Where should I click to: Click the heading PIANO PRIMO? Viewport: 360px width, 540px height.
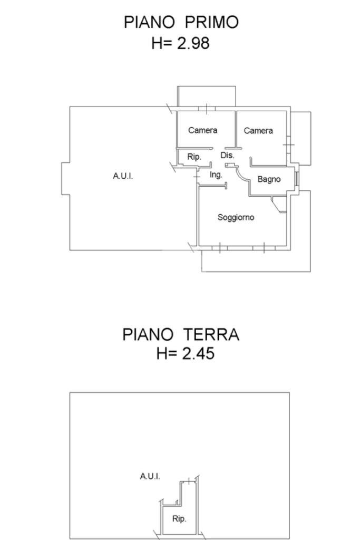click(181, 22)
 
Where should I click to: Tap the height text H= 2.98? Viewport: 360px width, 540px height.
click(180, 43)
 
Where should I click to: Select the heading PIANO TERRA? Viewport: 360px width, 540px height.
click(181, 334)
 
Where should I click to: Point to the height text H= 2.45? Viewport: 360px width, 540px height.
click(185, 353)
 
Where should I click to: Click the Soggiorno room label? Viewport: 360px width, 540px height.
click(236, 217)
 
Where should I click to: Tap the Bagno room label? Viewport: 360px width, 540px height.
click(269, 179)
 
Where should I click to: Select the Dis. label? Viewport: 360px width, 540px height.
click(227, 156)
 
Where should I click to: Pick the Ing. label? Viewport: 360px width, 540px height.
click(216, 175)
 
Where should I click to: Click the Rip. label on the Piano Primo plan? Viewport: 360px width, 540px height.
click(194, 157)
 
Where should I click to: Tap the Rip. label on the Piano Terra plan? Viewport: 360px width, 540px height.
click(179, 519)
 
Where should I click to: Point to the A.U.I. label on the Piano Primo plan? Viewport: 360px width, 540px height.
click(123, 176)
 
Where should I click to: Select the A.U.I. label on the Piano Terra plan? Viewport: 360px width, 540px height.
click(150, 476)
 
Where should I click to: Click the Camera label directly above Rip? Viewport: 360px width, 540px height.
click(203, 130)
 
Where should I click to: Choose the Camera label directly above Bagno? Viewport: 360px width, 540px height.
click(258, 130)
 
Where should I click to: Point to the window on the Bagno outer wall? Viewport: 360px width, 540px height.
click(297, 179)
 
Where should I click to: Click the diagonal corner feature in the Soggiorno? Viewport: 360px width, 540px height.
click(279, 205)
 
